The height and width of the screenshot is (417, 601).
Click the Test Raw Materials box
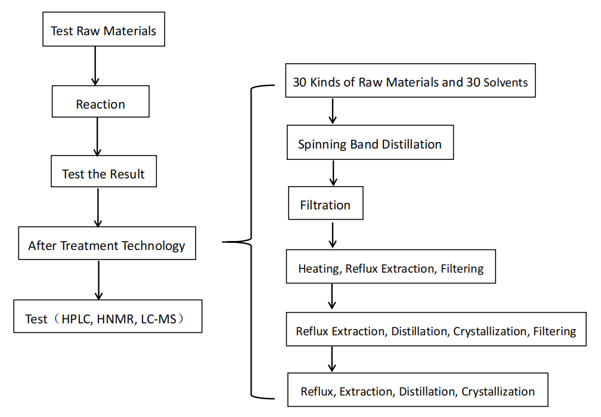pyautogui.click(x=103, y=30)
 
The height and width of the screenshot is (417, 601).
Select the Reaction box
pyautogui.click(x=100, y=104)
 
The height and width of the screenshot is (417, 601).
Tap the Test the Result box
pyautogui.click(x=103, y=174)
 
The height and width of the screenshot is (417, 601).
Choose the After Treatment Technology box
pyautogui.click(x=107, y=245)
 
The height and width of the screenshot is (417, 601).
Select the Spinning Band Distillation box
pyautogui.click(x=370, y=144)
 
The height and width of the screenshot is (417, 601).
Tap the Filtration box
pyautogui.click(x=325, y=205)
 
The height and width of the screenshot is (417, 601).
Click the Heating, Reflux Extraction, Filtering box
pyautogui.click(x=391, y=268)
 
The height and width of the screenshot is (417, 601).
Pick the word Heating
pyautogui.click(x=318, y=268)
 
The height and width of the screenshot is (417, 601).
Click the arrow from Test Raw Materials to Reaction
pyautogui.click(x=94, y=66)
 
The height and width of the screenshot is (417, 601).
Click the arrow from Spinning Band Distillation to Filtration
pyautogui.click(x=333, y=173)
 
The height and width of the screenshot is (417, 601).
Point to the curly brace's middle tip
pyautogui.click(x=224, y=242)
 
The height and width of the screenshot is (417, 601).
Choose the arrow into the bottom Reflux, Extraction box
pyautogui.click(x=332, y=359)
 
